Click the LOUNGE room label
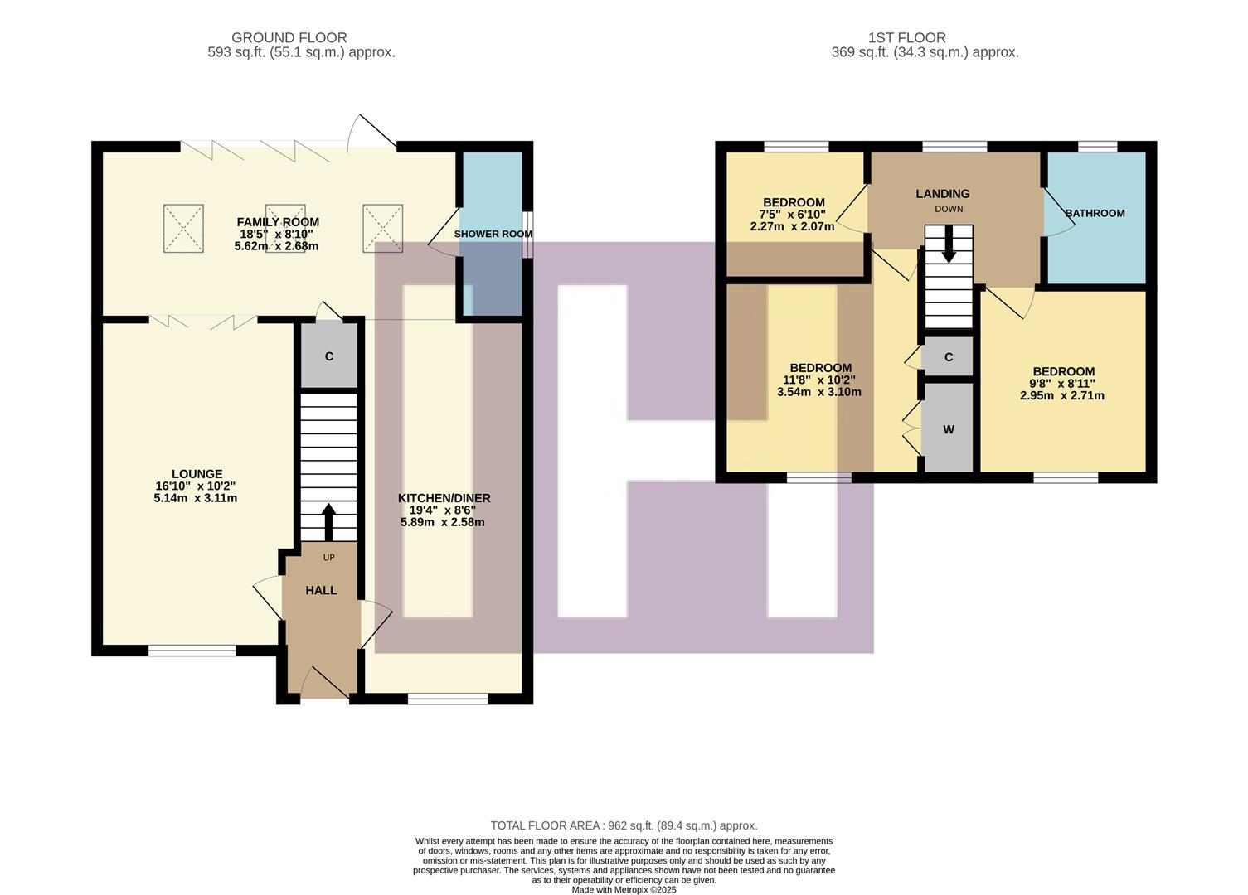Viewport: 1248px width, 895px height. tap(197, 474)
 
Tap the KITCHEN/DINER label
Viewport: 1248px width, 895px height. tap(444, 498)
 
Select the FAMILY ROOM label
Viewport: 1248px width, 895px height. tap(278, 222)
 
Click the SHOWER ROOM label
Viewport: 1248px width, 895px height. tap(493, 234)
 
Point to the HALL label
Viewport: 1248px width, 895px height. tap(321, 590)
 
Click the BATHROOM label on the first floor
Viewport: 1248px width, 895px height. tap(1095, 213)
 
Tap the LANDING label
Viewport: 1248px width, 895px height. tap(942, 194)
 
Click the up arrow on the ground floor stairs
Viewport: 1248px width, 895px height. tap(328, 521)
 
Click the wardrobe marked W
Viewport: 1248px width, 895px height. tap(949, 429)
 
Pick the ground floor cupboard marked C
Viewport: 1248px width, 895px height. tap(329, 356)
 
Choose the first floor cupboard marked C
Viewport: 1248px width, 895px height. tap(949, 357)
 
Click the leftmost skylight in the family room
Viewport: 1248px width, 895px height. tap(183, 228)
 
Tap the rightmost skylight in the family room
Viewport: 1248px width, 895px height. tap(382, 228)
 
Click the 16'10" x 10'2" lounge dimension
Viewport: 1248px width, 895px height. tap(197, 486)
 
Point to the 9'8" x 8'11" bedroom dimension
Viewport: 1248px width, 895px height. tap(1062, 384)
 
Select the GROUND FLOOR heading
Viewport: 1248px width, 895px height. tap(289, 37)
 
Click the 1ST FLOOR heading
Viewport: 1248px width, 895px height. tap(906, 37)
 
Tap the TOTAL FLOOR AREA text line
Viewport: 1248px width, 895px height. tap(624, 825)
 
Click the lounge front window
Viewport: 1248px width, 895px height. tap(181, 651)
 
